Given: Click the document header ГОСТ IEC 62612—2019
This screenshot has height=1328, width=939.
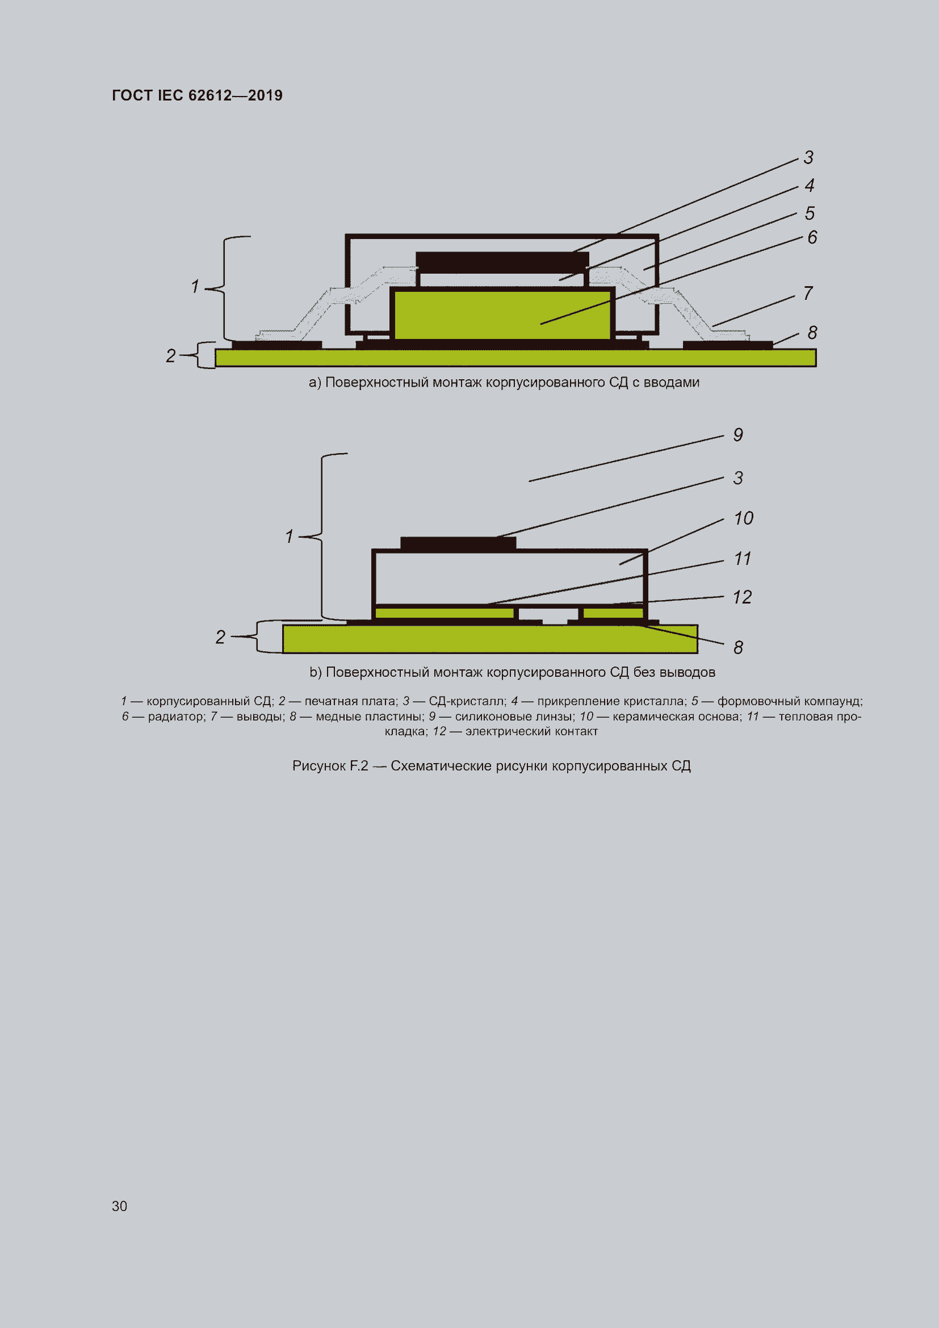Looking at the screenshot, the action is point(197,95).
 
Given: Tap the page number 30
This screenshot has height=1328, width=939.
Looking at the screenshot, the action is point(119,1206).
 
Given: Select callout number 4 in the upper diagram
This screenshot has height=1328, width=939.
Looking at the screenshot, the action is point(810,185).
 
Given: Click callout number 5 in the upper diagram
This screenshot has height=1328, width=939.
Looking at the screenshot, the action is point(810,213).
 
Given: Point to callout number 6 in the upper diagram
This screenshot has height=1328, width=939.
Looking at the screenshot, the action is point(812,237).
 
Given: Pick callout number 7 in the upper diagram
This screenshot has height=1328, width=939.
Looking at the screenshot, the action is point(808,293).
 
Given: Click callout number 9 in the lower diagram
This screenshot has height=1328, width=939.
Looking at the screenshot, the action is point(738,435).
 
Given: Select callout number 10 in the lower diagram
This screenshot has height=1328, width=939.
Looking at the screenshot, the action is point(743,518).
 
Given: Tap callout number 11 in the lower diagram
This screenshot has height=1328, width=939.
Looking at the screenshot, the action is point(743,559).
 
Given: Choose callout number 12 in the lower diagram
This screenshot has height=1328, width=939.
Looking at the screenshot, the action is point(743,597).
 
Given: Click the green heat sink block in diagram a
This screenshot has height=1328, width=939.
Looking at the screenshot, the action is point(502,314).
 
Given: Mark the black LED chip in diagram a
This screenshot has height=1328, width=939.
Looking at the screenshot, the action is point(502,262).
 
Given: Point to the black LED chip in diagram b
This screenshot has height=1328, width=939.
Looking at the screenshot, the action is point(458,543).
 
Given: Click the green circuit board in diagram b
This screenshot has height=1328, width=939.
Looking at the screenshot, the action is point(491,639).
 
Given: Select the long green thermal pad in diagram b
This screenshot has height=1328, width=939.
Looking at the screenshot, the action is point(444,613).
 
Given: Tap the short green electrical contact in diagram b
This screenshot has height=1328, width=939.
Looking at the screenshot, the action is point(613,613).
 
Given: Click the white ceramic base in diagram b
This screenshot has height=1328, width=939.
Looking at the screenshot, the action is point(509,577).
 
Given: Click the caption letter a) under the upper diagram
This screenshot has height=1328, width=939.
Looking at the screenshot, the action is point(315,383).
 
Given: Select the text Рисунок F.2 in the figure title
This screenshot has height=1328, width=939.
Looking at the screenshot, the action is point(330,766).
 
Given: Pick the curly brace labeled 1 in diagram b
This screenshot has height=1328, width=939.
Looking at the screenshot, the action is point(322,536).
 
